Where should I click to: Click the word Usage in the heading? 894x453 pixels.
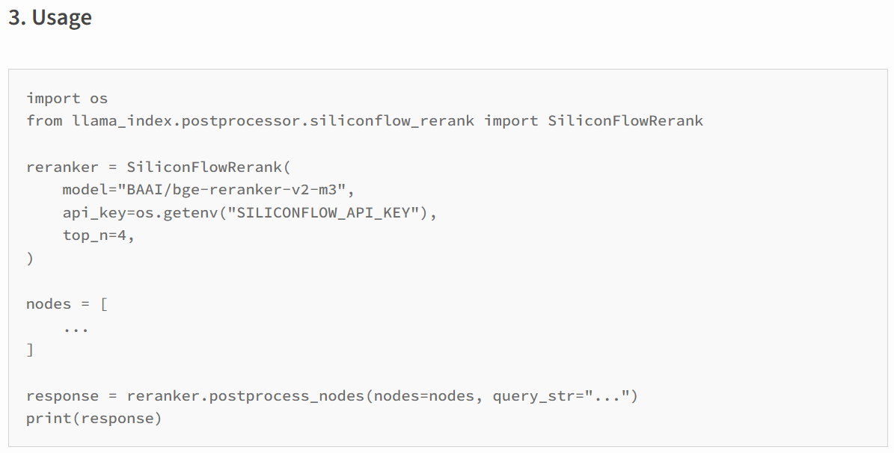tap(62, 18)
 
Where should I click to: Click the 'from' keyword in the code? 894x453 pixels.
tap(44, 120)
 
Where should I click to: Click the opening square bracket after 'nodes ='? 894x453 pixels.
tap(103, 304)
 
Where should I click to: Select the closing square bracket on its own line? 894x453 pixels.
tap(30, 350)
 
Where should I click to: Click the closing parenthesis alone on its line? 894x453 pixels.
tap(30, 259)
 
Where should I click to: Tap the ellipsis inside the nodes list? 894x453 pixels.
tap(76, 327)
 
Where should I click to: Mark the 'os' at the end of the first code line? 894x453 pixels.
tap(99, 98)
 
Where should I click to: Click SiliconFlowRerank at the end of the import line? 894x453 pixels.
tap(625, 120)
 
